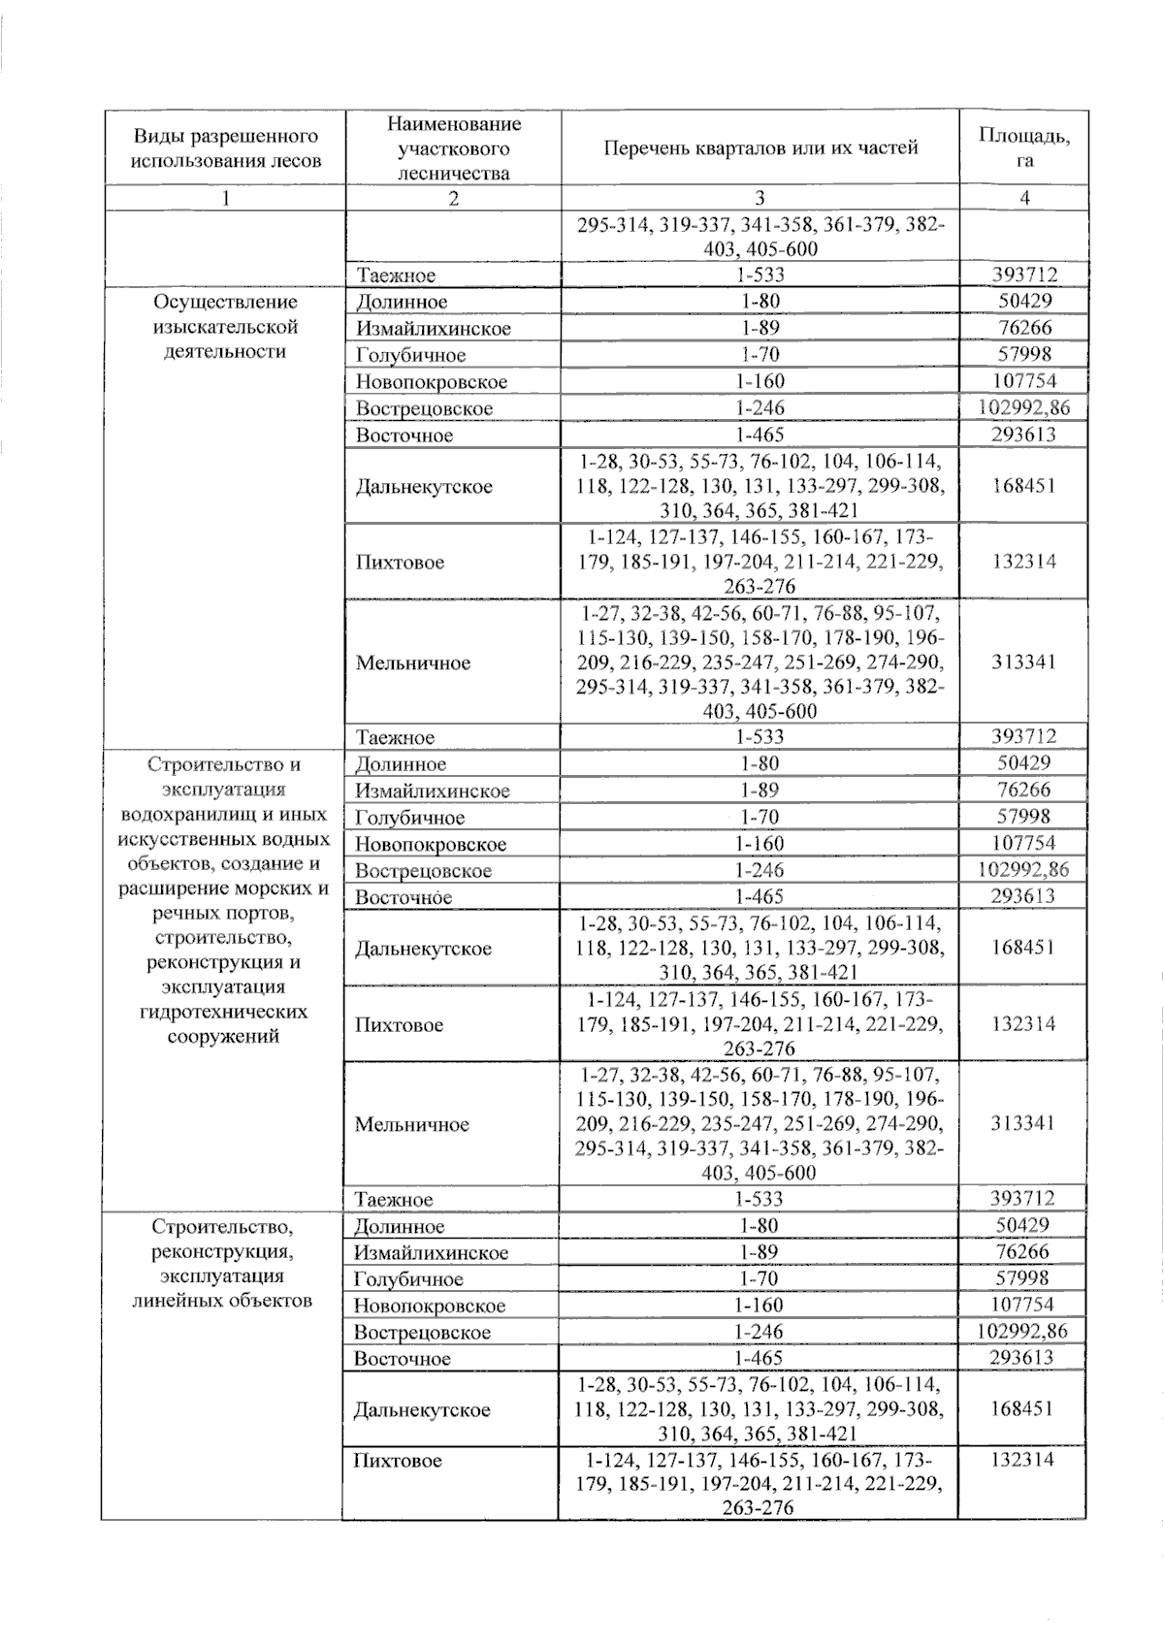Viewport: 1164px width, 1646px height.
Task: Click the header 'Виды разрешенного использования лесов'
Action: coord(226,148)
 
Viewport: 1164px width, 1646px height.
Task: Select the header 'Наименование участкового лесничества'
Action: coord(453,148)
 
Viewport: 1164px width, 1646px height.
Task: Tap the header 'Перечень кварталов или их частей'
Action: coord(760,148)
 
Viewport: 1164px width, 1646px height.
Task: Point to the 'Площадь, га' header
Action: coord(1024,148)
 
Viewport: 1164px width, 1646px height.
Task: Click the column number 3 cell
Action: coord(760,198)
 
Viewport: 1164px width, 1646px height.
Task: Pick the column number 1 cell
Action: coord(226,198)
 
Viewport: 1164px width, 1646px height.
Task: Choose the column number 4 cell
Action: coord(1024,198)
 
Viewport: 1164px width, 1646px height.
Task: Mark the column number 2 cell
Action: coord(453,198)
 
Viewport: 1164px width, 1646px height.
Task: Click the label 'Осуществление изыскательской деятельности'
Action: coord(226,327)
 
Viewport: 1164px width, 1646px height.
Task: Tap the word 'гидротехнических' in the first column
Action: coord(224,1012)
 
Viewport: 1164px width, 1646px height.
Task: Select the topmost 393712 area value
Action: coord(1024,275)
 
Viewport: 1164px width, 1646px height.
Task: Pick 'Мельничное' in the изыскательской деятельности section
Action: coord(413,663)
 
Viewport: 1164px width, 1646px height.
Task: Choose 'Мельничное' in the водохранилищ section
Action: coord(412,1125)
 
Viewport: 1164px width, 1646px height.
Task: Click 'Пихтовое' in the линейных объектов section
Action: coord(398,1461)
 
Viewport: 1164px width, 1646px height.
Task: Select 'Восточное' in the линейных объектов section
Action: coord(403,1359)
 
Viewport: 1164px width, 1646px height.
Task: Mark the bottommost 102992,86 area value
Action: coord(1023,1332)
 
